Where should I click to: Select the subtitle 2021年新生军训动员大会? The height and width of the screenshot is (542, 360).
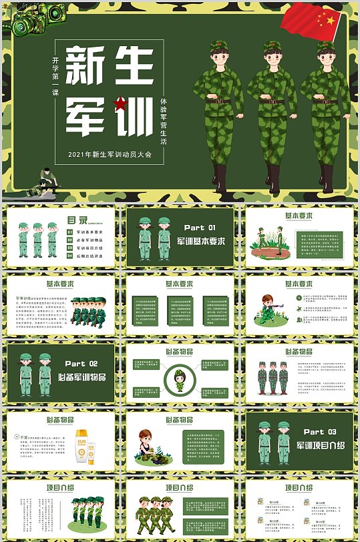point(110,154)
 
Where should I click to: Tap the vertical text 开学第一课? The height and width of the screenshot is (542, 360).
point(55,77)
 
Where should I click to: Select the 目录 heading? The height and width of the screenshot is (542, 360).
point(77,219)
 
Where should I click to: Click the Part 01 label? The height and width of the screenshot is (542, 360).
point(200,228)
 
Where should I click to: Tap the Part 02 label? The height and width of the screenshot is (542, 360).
point(81,364)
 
